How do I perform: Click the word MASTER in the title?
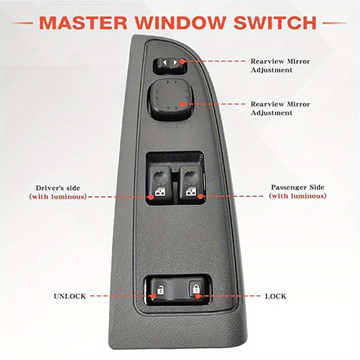click(x=83, y=22)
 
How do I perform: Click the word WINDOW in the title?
click(x=180, y=22)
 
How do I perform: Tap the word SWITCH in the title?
click(x=275, y=22)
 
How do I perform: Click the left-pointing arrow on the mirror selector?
click(x=165, y=63)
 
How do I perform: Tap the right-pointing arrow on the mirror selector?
click(x=175, y=63)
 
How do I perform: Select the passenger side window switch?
click(x=191, y=184)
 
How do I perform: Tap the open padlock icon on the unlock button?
click(x=160, y=289)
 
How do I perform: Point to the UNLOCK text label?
click(x=70, y=296)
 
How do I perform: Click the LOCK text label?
click(x=275, y=296)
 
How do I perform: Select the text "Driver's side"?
click(x=58, y=188)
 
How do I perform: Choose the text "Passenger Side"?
click(x=298, y=187)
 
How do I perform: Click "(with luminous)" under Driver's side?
click(x=58, y=197)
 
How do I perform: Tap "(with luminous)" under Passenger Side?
click(x=298, y=196)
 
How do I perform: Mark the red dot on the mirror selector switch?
click(x=182, y=61)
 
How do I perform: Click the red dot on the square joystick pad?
click(x=183, y=104)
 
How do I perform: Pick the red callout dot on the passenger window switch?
click(x=201, y=196)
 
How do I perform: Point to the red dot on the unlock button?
click(x=153, y=296)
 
